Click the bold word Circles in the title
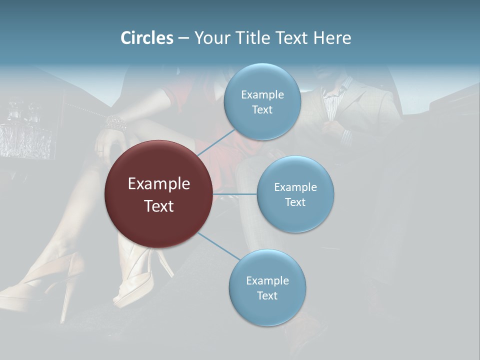(x=147, y=38)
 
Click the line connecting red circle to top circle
(x=216, y=141)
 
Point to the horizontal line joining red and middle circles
(x=235, y=194)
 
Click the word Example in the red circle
(x=159, y=183)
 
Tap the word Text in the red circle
(x=159, y=205)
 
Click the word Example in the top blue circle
(x=262, y=94)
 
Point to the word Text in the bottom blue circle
(x=267, y=295)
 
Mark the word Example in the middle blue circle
(x=295, y=187)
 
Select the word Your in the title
(x=210, y=38)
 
